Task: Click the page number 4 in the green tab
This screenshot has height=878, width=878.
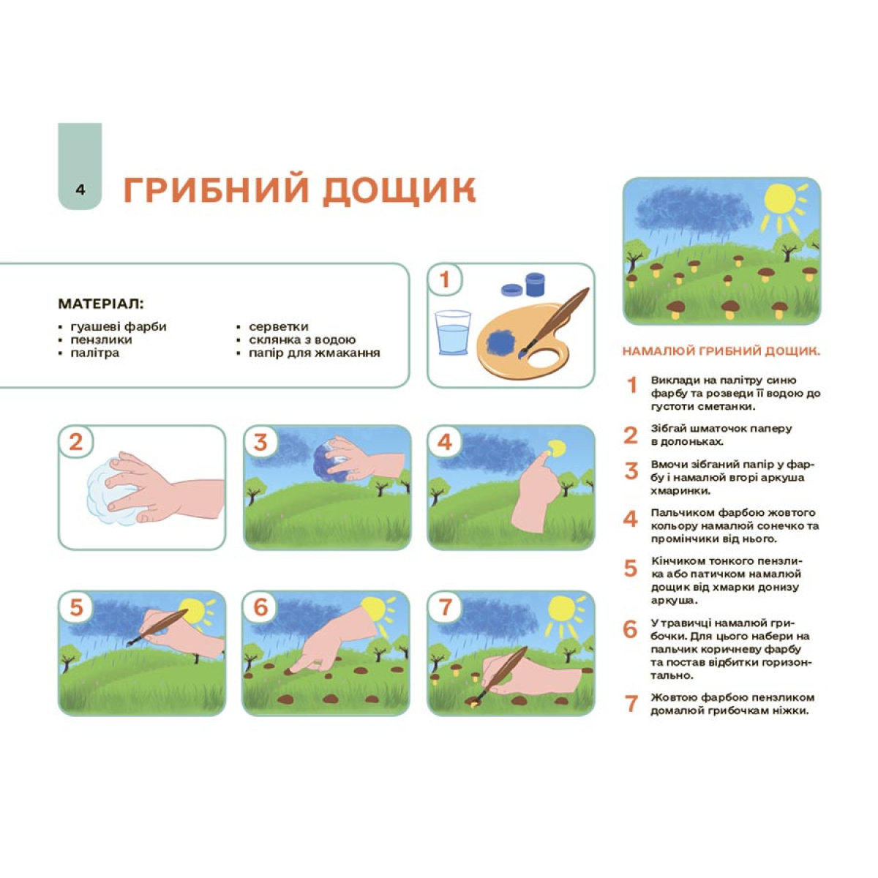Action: click(x=80, y=190)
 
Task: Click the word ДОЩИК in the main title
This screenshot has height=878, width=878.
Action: click(x=399, y=189)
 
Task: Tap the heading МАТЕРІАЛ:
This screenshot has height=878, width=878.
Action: click(x=101, y=304)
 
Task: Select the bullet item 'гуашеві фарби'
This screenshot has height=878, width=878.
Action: click(x=119, y=326)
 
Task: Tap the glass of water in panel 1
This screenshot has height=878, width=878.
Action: click(x=452, y=333)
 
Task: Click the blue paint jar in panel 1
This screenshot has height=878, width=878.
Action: click(x=535, y=285)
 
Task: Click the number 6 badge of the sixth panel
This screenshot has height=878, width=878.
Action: click(x=260, y=608)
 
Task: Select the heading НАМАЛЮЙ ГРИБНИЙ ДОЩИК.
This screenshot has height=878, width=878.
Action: click(x=721, y=351)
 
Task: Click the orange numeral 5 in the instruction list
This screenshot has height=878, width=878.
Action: click(x=631, y=568)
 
